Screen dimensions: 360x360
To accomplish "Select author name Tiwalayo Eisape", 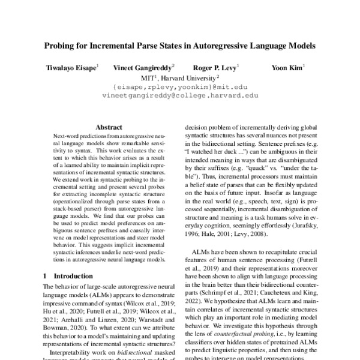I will click(69, 68).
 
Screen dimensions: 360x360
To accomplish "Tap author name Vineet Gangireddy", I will click(143, 68).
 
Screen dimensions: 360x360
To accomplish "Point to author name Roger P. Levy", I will click(214, 68).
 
